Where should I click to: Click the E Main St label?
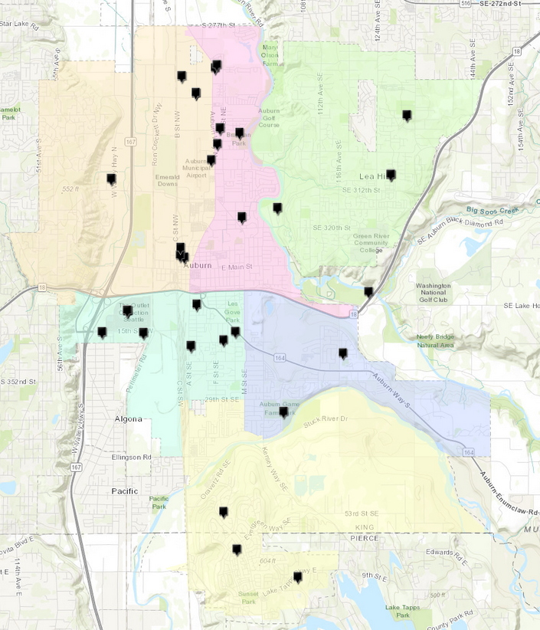click(x=236, y=267)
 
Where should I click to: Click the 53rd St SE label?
click(x=362, y=514)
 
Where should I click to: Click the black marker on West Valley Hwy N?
click(x=112, y=179)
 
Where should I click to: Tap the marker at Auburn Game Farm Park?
click(x=283, y=412)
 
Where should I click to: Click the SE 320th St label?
click(x=332, y=228)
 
